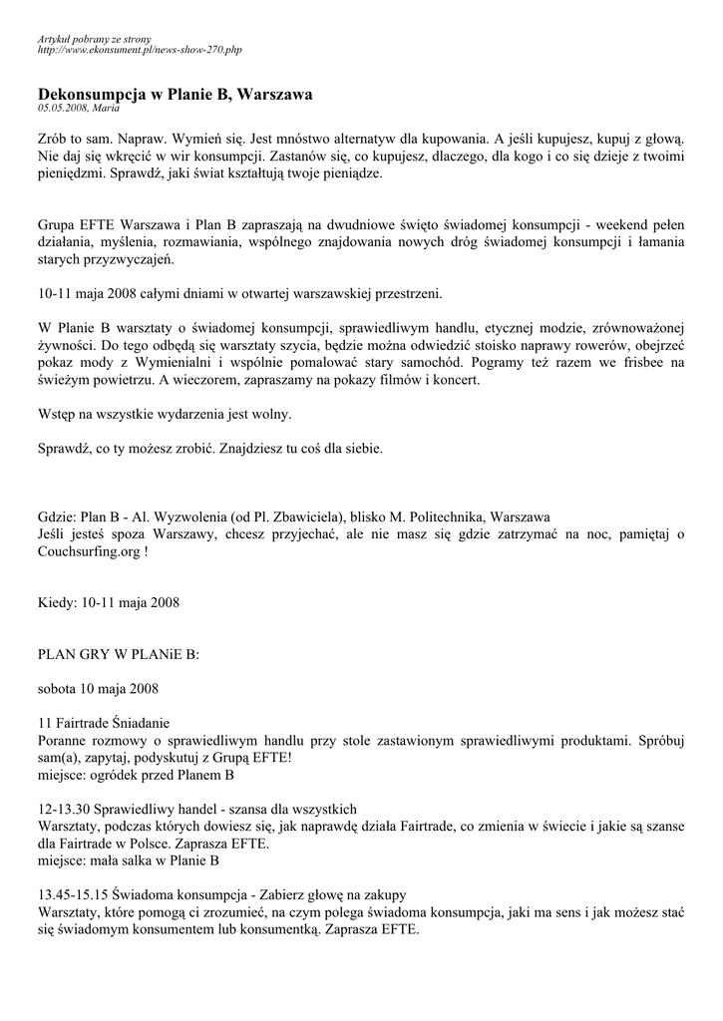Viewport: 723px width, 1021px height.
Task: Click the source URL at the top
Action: click(140, 49)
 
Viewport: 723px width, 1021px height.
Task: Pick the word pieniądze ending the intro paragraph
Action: click(348, 172)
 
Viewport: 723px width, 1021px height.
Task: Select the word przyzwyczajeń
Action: click(130, 260)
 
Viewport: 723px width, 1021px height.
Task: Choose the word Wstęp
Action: click(57, 414)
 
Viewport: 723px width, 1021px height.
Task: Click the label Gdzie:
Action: click(56, 517)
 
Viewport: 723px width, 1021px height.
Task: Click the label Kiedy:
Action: click(56, 602)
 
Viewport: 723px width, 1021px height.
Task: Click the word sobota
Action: click(58, 688)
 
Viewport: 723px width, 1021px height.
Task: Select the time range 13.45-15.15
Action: click(73, 894)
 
